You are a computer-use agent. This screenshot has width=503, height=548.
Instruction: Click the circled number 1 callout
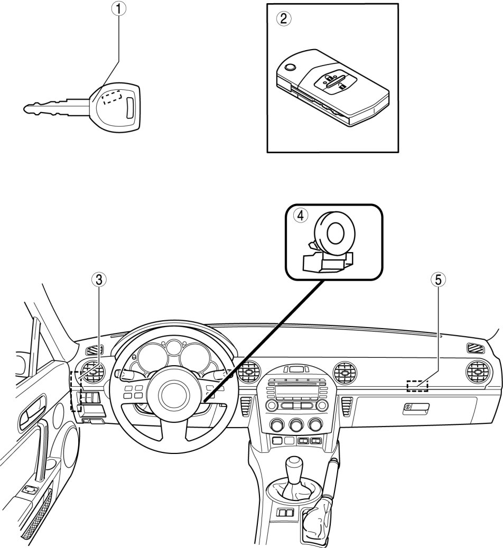pyautogui.click(x=119, y=9)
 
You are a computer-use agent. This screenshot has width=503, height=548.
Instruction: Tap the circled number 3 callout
pyautogui.click(x=99, y=280)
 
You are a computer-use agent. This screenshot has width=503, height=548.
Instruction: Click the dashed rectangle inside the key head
pyautogui.click(x=111, y=97)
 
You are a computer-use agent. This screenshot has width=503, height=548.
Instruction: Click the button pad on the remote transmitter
pyautogui.click(x=335, y=83)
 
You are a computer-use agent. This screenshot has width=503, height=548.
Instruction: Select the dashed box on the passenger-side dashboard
pyautogui.click(x=417, y=385)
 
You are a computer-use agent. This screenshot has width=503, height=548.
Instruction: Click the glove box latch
pyautogui.click(x=416, y=408)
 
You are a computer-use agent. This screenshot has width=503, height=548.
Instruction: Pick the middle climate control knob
pyautogui.click(x=296, y=425)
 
